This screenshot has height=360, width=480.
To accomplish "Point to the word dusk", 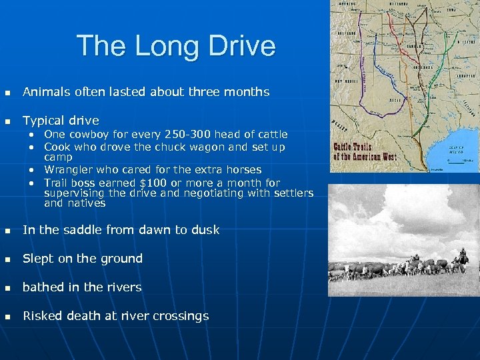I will pyautogui.click(x=204, y=230).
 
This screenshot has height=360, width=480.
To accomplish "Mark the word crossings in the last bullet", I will pyautogui.click(x=180, y=316).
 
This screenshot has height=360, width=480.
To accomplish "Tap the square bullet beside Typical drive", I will pyautogui.click(x=9, y=121).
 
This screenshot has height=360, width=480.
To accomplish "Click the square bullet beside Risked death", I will pyautogui.click(x=9, y=317).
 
